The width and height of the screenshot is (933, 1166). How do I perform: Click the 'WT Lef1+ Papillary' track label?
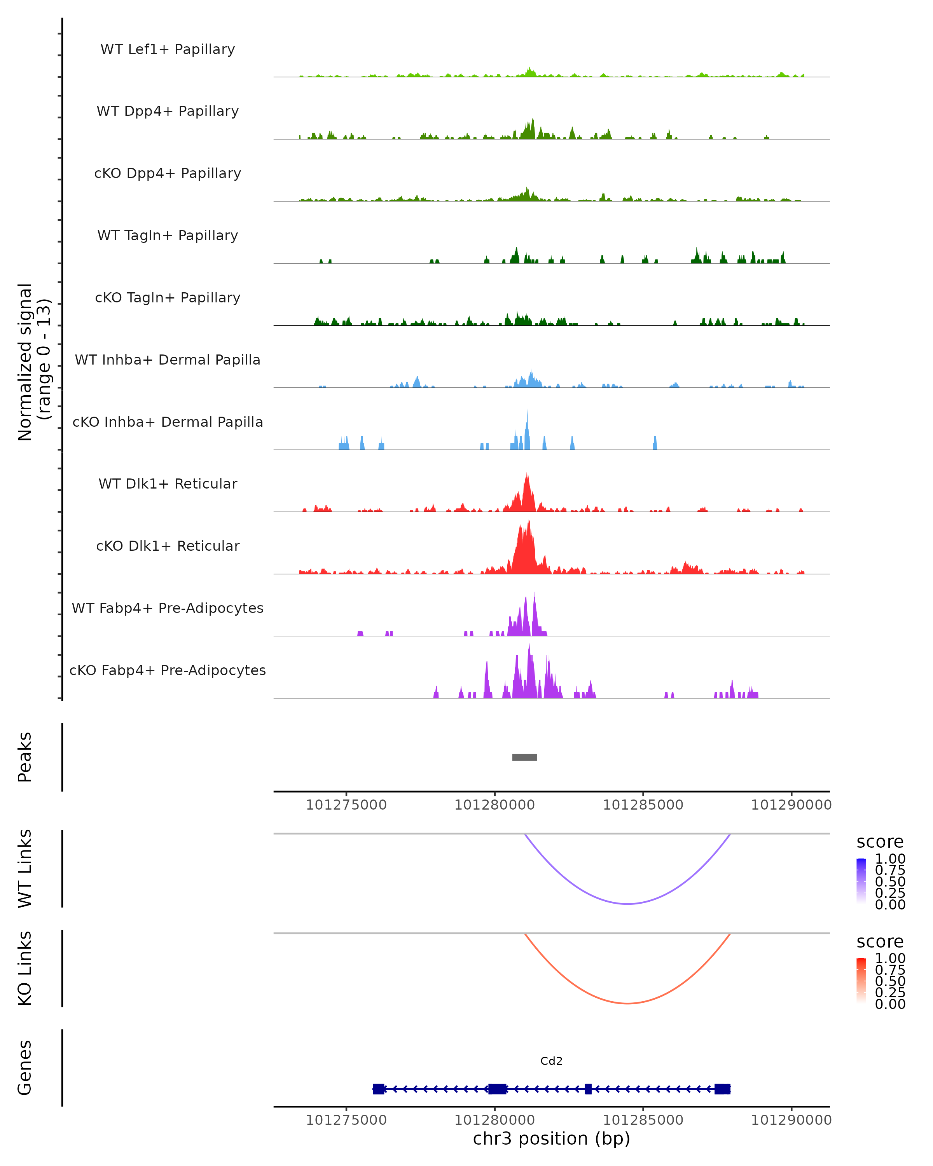[168, 49]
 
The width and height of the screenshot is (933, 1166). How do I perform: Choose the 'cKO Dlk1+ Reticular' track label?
[168, 546]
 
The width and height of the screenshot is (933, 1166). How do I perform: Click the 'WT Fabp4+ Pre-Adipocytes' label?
[168, 608]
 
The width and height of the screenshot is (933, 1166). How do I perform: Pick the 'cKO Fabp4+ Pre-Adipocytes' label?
[168, 670]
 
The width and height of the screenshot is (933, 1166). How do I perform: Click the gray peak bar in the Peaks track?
[524, 757]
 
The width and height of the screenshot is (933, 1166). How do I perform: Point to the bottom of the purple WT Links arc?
[627, 903]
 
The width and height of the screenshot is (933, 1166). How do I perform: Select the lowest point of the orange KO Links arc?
[627, 1003]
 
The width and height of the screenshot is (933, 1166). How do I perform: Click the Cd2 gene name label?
[551, 1061]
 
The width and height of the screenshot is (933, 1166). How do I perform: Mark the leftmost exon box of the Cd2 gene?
[379, 1089]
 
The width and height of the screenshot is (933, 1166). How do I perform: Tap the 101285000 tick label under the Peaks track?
[643, 805]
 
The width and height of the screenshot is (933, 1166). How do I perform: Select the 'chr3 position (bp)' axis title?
[551, 1138]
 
